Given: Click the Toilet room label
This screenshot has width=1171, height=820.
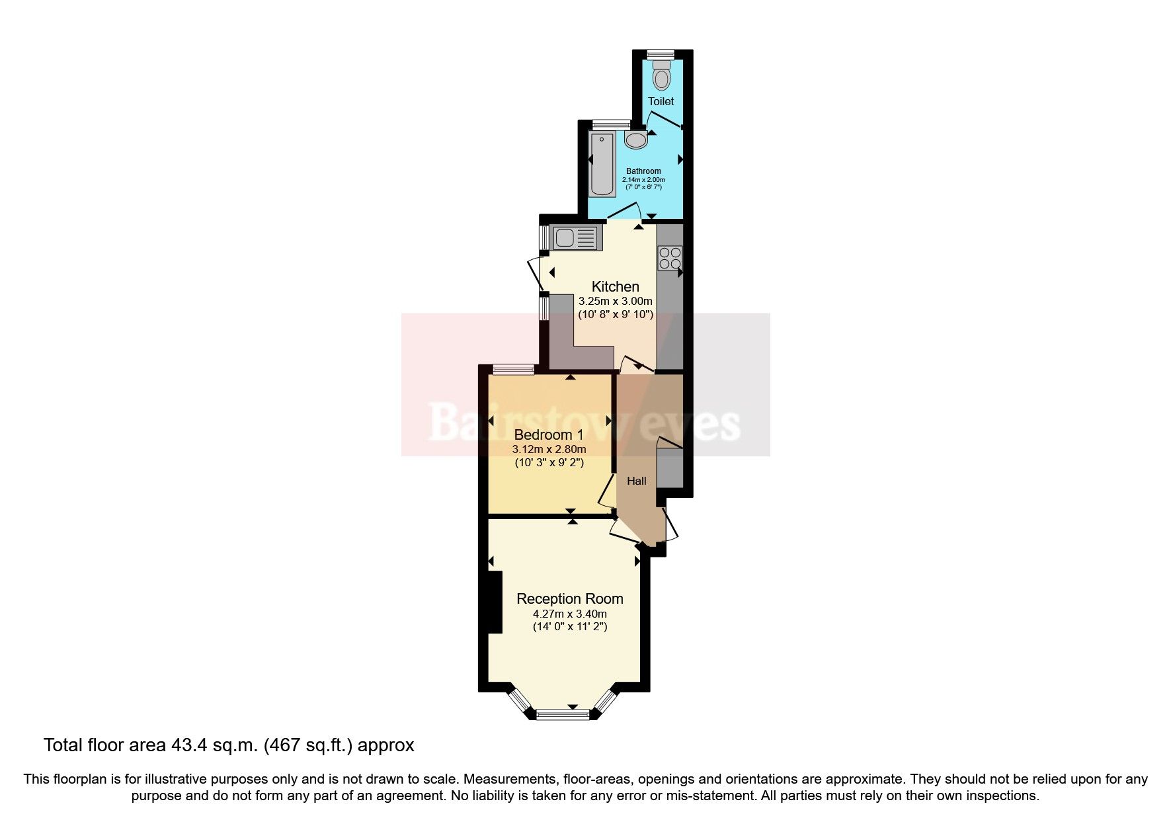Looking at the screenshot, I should click(x=661, y=101).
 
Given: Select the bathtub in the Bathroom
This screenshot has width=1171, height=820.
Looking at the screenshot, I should click(x=602, y=163).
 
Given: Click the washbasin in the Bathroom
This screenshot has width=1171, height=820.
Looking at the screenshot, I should click(x=636, y=140).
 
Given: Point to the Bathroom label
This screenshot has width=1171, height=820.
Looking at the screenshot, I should click(x=643, y=171).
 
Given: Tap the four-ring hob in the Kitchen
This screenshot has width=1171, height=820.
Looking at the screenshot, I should click(x=670, y=258).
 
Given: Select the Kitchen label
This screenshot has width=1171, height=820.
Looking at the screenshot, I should click(x=615, y=286).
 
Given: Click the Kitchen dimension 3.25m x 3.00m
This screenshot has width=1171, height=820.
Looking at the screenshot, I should click(x=615, y=301).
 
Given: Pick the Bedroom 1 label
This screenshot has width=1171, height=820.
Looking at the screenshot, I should click(x=549, y=434).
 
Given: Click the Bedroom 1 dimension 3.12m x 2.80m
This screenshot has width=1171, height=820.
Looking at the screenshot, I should click(x=549, y=449).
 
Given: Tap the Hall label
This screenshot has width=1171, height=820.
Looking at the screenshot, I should click(x=637, y=481).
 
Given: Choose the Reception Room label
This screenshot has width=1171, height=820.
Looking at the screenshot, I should click(x=569, y=598).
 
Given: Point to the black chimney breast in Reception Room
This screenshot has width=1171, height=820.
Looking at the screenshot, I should click(x=494, y=602).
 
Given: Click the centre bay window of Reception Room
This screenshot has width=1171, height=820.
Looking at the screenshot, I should click(x=563, y=714).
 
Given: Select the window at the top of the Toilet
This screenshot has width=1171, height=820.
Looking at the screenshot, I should click(x=660, y=54).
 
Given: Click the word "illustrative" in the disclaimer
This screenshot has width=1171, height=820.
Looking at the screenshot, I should click(x=228, y=780).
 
